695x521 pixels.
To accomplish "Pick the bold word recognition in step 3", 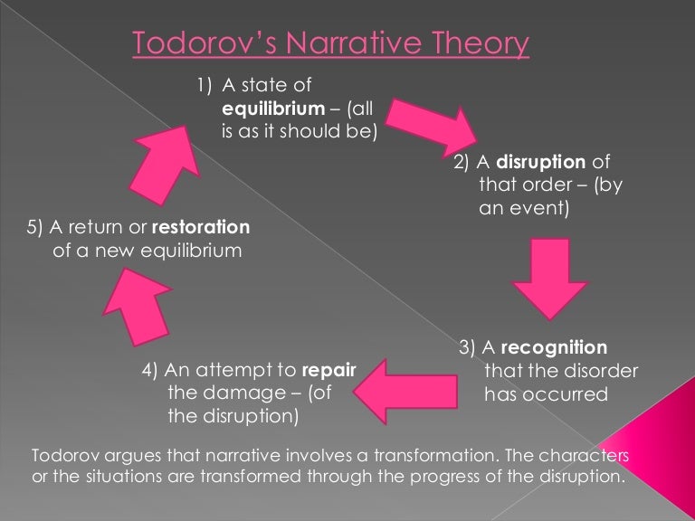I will point(553,347).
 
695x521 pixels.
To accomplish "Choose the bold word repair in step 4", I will point(328,370).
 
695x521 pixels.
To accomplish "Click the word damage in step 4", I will point(244,393).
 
